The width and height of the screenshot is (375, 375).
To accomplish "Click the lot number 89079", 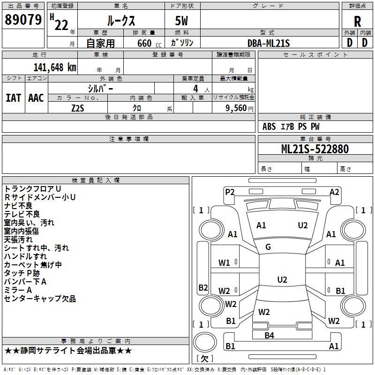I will (x=22, y=20).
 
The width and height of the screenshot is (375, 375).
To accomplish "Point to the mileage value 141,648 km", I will (x=55, y=67).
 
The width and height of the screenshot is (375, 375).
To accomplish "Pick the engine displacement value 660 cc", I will (x=144, y=43).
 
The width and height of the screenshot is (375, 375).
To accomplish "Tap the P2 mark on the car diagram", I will (x=229, y=192).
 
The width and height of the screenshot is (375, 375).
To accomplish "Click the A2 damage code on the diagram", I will (x=334, y=192).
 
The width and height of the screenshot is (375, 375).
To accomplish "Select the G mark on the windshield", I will (x=268, y=247).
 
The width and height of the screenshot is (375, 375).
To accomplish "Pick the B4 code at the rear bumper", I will (x=269, y=335).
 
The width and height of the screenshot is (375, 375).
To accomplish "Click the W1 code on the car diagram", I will (x=224, y=263).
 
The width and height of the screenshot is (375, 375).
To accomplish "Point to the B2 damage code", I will (x=203, y=287).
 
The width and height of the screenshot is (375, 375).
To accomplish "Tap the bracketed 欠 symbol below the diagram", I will (x=204, y=359).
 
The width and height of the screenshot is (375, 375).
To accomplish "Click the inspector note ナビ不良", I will (x=18, y=206).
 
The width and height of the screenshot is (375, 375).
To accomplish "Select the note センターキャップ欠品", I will (x=40, y=299).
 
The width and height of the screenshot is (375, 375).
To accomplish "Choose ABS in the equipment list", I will (x=269, y=127).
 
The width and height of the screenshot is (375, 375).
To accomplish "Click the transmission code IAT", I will (x=13, y=98).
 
